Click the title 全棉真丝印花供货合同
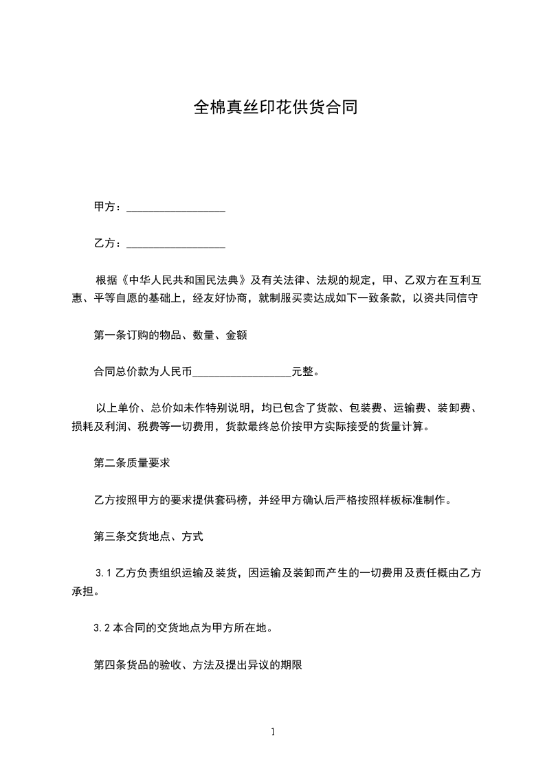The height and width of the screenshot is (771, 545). pyautogui.click(x=275, y=108)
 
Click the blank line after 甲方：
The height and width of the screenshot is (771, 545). pyautogui.click(x=177, y=208)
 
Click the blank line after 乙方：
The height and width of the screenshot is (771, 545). pyautogui.click(x=177, y=245)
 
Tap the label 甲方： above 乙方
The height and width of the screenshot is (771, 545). pyautogui.click(x=109, y=207)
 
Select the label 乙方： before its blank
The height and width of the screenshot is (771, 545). pyautogui.click(x=109, y=243)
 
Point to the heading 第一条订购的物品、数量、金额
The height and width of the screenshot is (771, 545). pyautogui.click(x=170, y=336)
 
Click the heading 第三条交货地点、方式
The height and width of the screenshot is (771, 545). pyautogui.click(x=148, y=537)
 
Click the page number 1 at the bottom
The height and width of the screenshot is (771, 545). pyautogui.click(x=273, y=732)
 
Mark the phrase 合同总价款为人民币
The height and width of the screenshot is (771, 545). pyautogui.click(x=143, y=372)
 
